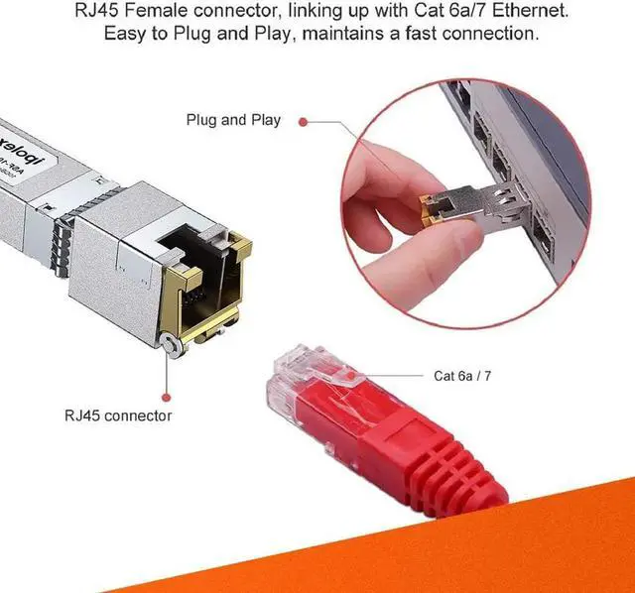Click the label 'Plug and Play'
point(233,120)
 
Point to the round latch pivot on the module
point(172,343)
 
